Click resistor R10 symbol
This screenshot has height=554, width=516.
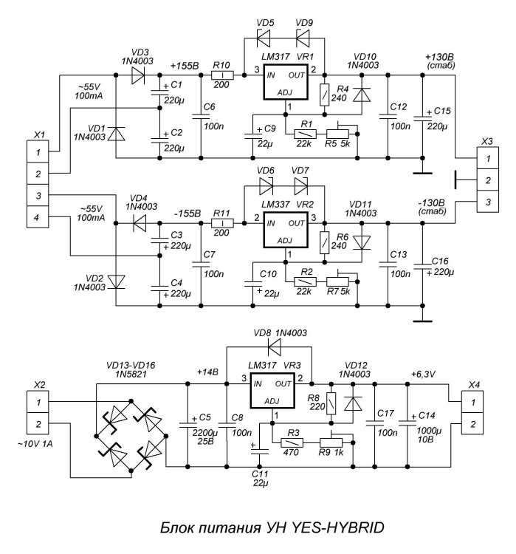(223, 75)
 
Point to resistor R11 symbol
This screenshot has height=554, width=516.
(223, 222)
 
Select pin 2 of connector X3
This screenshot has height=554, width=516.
(484, 179)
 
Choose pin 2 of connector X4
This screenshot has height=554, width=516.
(472, 424)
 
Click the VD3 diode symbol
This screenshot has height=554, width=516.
(137, 75)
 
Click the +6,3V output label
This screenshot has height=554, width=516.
(423, 375)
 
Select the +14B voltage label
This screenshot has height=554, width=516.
(208, 372)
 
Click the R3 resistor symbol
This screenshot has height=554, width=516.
(292, 442)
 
